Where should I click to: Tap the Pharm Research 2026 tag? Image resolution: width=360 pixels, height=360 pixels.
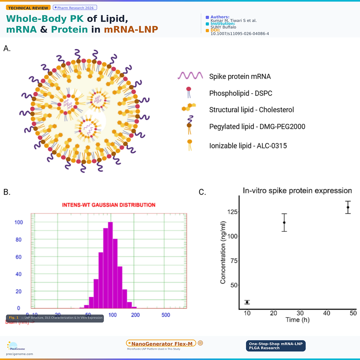(75, 8)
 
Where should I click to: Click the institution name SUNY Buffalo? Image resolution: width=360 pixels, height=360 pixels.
(223, 27)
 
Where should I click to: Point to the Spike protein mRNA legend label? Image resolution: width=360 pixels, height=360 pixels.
(240, 77)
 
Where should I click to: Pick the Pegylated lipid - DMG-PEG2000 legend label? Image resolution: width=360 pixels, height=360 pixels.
(257, 127)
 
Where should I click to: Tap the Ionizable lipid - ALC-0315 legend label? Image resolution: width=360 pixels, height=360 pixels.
(248, 146)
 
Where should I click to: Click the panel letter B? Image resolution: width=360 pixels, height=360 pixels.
(7, 192)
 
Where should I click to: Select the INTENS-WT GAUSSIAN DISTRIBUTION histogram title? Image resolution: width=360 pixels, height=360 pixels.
(108, 205)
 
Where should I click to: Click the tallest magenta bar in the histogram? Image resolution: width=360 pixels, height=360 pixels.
(111, 264)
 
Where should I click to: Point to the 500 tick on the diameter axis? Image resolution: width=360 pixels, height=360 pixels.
(166, 315)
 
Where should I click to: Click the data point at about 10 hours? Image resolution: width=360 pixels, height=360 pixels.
(247, 302)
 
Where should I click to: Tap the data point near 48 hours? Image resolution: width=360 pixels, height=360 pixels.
(348, 207)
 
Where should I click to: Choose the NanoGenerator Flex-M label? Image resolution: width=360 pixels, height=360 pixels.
(161, 343)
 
